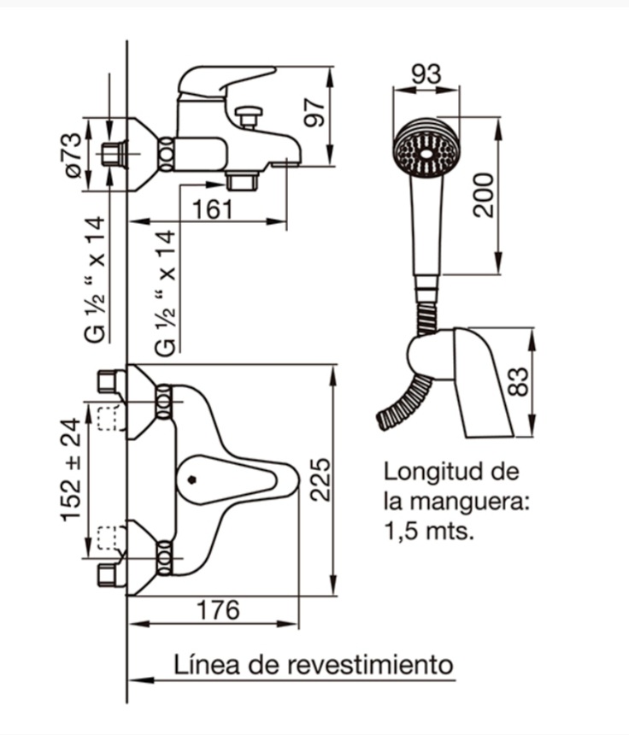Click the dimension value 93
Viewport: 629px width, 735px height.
pyautogui.click(x=426, y=74)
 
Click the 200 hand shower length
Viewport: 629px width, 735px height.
pyautogui.click(x=484, y=195)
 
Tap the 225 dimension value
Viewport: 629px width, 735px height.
pyautogui.click(x=319, y=479)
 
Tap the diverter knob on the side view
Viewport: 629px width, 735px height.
pyautogui.click(x=250, y=114)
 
